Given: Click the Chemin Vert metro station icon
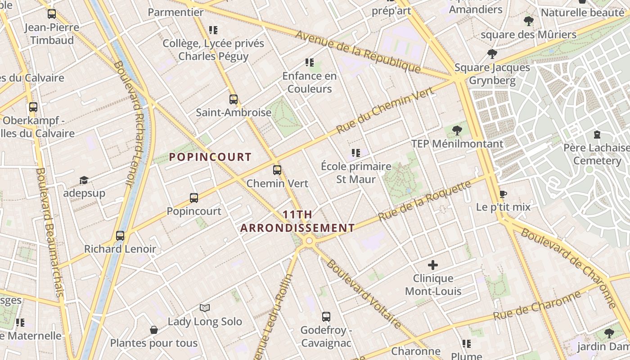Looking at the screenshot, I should (x=277, y=170).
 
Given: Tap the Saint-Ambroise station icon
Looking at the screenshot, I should (x=233, y=99).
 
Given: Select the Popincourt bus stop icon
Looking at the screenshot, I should (x=194, y=198).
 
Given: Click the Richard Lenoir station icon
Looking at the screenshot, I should (x=120, y=235).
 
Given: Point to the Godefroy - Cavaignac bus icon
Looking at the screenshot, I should (x=326, y=316).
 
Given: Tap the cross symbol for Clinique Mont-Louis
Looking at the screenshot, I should (x=433, y=265).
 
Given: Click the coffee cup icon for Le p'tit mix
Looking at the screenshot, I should (x=503, y=194).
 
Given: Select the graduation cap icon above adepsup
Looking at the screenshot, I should (x=84, y=180).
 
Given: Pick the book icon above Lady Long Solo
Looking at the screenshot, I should (x=205, y=308).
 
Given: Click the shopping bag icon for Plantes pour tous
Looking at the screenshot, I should (x=154, y=330).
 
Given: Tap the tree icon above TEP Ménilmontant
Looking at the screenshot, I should (x=457, y=130).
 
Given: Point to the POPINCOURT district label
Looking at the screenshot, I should (x=210, y=157).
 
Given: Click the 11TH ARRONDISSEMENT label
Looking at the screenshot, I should (x=297, y=221).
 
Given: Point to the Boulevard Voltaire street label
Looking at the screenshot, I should (x=364, y=294).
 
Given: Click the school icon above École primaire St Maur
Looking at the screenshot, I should (x=356, y=153).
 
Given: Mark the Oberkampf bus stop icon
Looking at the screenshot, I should (x=33, y=107).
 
